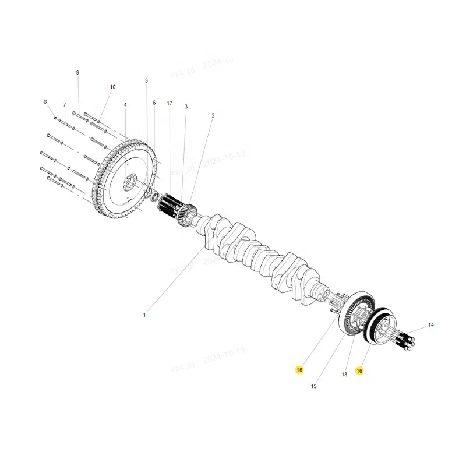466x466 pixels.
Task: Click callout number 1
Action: click(x=144, y=315)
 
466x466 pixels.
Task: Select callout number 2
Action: click(x=213, y=115)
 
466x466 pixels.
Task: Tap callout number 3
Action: click(x=186, y=107)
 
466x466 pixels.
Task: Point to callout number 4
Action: click(x=125, y=105)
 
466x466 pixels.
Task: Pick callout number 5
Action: click(x=146, y=80)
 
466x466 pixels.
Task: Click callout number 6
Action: click(x=154, y=103)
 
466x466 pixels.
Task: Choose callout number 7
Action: click(x=65, y=104)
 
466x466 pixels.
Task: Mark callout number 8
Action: click(x=45, y=102)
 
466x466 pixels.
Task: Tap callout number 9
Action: click(x=77, y=72)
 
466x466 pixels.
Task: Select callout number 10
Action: click(x=112, y=87)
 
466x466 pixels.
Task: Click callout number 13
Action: click(x=344, y=375)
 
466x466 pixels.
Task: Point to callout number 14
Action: click(x=431, y=324)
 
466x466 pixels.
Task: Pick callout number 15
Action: click(x=313, y=386)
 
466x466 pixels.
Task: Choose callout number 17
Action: click(x=170, y=103)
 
